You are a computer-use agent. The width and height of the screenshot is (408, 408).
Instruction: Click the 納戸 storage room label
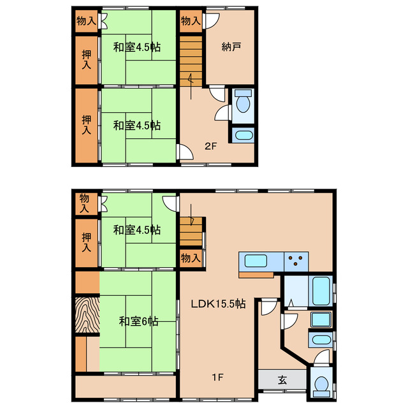click(x=231, y=47)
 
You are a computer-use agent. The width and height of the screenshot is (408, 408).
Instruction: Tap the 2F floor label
click(x=210, y=146)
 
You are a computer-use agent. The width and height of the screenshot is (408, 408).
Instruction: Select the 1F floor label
click(x=217, y=377)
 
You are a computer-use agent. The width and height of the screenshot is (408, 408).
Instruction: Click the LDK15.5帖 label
click(x=218, y=303)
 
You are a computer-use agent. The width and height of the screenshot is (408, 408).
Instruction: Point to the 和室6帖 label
click(x=138, y=321)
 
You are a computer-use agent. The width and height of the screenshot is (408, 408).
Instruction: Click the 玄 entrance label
click(x=282, y=380)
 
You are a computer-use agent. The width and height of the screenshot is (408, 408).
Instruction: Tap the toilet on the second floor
click(x=243, y=102)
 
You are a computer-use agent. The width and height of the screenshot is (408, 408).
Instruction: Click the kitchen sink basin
click(x=256, y=261)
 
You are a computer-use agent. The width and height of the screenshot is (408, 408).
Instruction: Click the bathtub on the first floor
click(x=322, y=291)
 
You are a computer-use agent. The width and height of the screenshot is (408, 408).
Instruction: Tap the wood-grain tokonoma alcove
click(x=87, y=314)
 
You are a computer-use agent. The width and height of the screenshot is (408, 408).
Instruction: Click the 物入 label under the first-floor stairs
click(x=191, y=258)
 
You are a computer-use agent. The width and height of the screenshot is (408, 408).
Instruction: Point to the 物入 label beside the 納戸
click(x=191, y=21)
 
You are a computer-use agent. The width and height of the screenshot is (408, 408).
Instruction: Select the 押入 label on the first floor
click(x=87, y=242)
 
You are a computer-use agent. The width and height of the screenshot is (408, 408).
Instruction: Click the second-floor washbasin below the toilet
click(x=244, y=135)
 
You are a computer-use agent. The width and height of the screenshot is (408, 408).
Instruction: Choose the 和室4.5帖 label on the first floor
click(x=137, y=230)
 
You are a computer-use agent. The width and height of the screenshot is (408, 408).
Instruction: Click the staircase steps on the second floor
click(x=191, y=61)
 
